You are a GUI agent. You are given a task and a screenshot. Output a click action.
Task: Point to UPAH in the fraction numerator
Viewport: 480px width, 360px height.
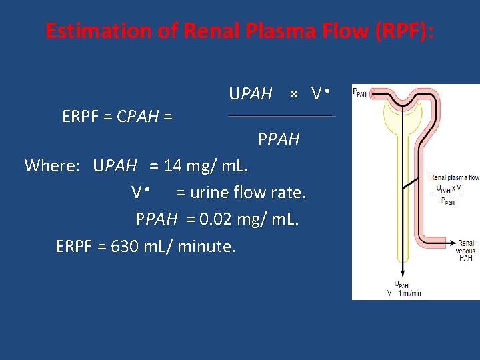(251, 94)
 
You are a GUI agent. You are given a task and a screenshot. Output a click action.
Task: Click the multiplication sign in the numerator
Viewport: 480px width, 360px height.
(293, 95)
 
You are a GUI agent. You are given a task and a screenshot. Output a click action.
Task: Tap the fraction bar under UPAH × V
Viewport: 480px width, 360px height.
(280, 116)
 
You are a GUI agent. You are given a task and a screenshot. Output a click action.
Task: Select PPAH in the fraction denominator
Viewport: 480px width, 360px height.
(279, 139)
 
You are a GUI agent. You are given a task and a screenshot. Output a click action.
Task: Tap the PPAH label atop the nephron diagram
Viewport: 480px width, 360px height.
(359, 93)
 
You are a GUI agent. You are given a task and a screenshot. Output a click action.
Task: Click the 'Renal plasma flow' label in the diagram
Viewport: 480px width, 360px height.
(455, 177)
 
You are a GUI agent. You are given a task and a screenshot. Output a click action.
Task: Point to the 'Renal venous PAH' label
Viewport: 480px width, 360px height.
(466, 250)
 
